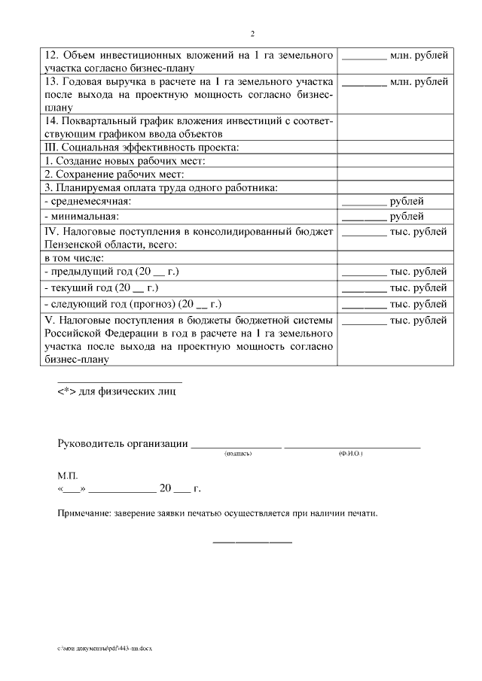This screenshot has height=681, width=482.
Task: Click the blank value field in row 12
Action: pyautogui.click(x=364, y=58)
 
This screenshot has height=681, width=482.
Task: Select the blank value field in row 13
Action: pyautogui.click(x=364, y=83)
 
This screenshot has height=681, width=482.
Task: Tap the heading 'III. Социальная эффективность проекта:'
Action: pyautogui.click(x=142, y=147)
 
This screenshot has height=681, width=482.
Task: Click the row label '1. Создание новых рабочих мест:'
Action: pyautogui.click(x=125, y=160)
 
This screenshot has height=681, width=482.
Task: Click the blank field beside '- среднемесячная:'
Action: pyautogui.click(x=364, y=203)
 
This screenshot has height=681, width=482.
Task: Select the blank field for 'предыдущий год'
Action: pyautogui.click(x=364, y=273)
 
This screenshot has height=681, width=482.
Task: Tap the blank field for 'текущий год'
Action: pyautogui.click(x=364, y=289)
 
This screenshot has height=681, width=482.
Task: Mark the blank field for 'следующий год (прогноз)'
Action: pyautogui.click(x=364, y=306)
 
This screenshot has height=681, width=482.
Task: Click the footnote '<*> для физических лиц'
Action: pyautogui.click(x=118, y=392)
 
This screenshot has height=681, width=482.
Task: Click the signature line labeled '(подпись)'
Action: pyautogui.click(x=236, y=446)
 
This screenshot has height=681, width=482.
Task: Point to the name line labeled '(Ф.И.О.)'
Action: pyautogui.click(x=351, y=446)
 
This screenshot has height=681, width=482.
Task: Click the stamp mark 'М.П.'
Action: pyautogui.click(x=67, y=476)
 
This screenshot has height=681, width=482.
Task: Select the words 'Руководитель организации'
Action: pyautogui.click(x=123, y=443)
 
